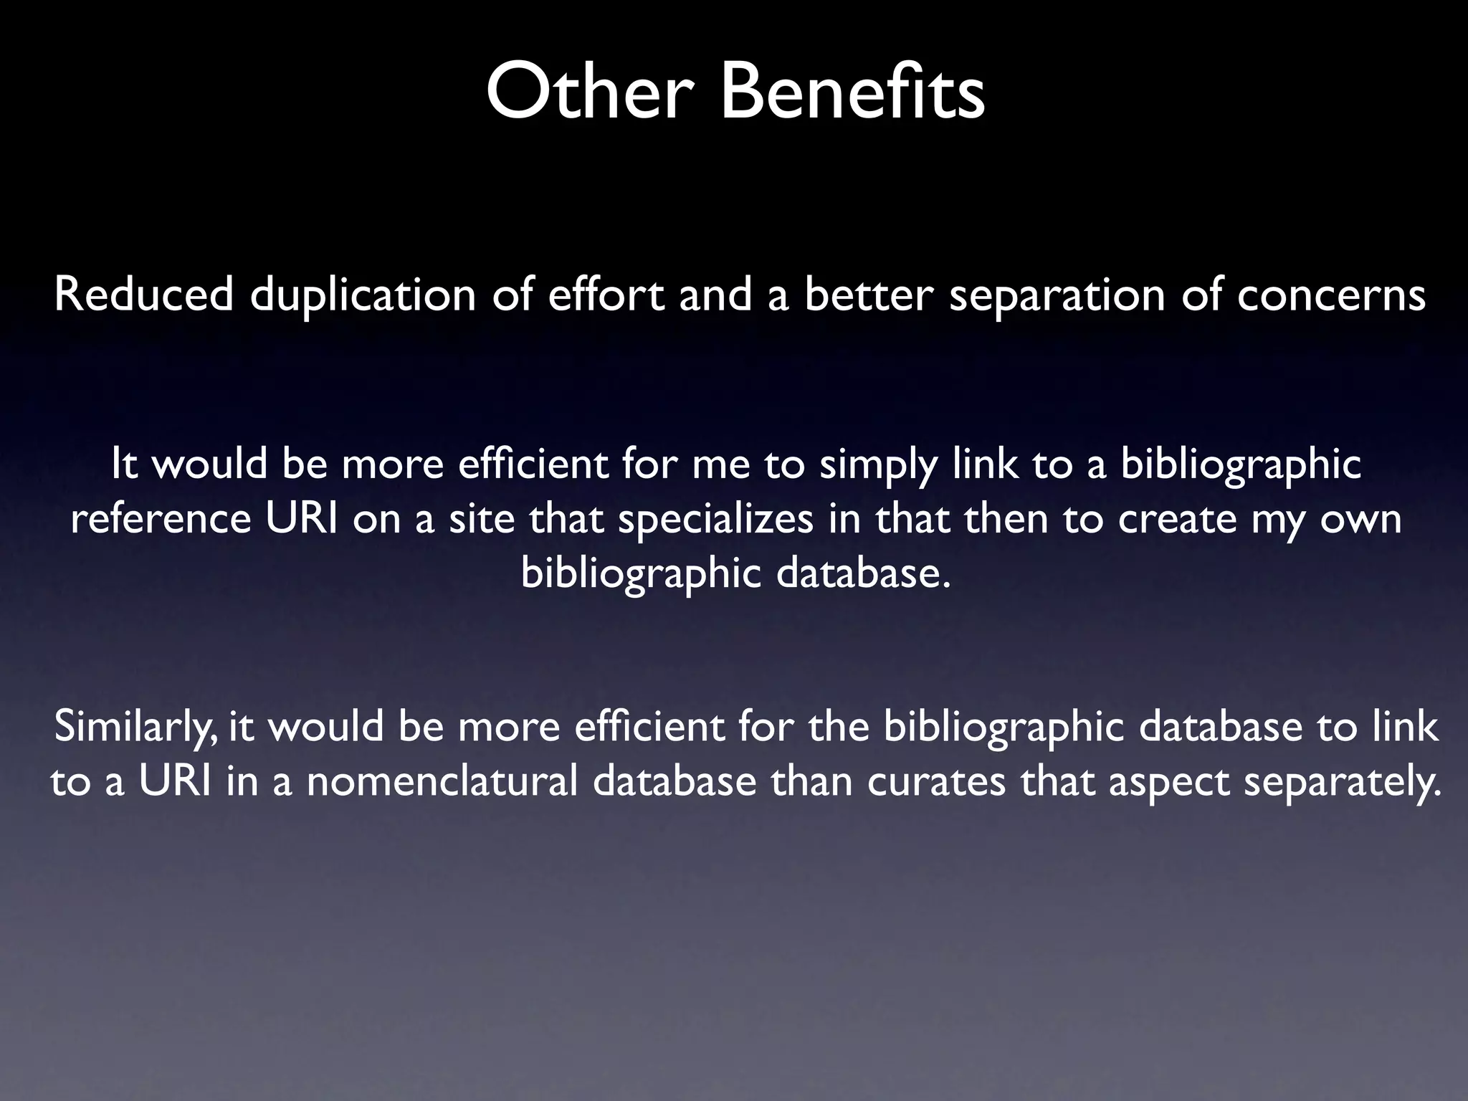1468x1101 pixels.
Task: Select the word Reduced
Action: click(144, 295)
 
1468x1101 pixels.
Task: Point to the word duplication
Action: click(363, 296)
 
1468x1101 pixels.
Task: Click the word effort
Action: click(606, 295)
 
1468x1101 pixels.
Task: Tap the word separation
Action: click(1057, 296)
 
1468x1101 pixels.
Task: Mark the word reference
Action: click(161, 520)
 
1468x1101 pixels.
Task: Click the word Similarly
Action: click(133, 728)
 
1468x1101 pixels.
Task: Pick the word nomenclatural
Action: click(442, 781)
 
